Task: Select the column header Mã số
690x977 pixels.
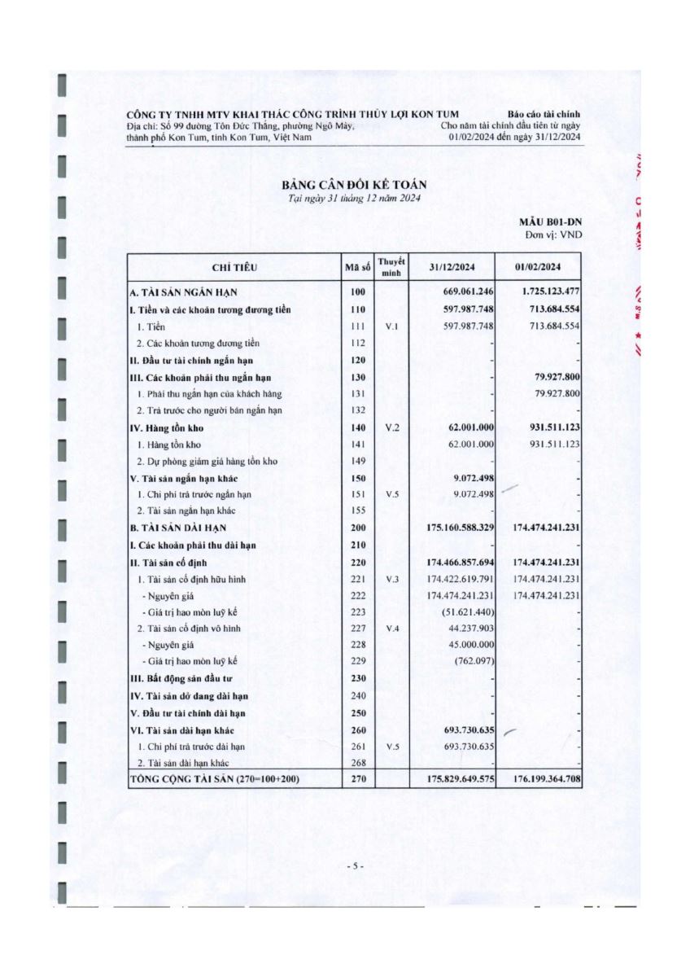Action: point(357,267)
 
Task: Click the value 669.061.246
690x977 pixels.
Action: point(463,292)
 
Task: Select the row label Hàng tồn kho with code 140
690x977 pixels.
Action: point(166,428)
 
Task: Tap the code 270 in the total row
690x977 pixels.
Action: point(357,780)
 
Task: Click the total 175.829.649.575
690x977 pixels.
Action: point(460,780)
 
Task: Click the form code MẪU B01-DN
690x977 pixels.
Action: point(551,221)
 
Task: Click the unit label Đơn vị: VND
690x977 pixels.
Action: point(553,234)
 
